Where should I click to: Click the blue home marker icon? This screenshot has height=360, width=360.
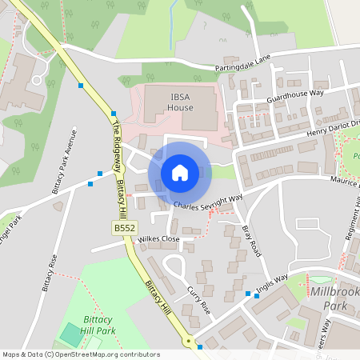180,173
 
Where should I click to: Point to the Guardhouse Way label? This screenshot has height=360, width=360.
294,98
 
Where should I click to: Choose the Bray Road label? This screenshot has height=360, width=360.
251,240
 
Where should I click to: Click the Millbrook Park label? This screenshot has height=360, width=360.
332,298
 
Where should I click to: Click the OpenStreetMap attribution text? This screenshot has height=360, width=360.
81,354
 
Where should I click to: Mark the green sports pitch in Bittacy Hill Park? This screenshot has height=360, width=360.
71,334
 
